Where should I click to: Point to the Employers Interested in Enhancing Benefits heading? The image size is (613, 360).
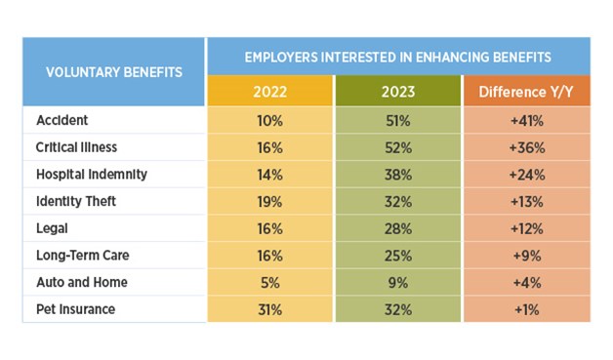coord(397,56)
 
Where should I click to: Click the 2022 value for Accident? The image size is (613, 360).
coord(269,120)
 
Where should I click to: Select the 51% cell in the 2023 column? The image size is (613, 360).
coord(398,120)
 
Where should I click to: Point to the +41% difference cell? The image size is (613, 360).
coord(526,120)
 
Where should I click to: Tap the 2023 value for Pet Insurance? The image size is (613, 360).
coord(398,308)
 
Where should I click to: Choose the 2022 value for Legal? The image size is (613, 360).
coord(269,227)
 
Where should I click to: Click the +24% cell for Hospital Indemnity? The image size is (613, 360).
coord(526,174)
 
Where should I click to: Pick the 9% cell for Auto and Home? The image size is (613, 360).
coord(398,282)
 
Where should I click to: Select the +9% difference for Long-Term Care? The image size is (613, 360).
coord(526,255)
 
